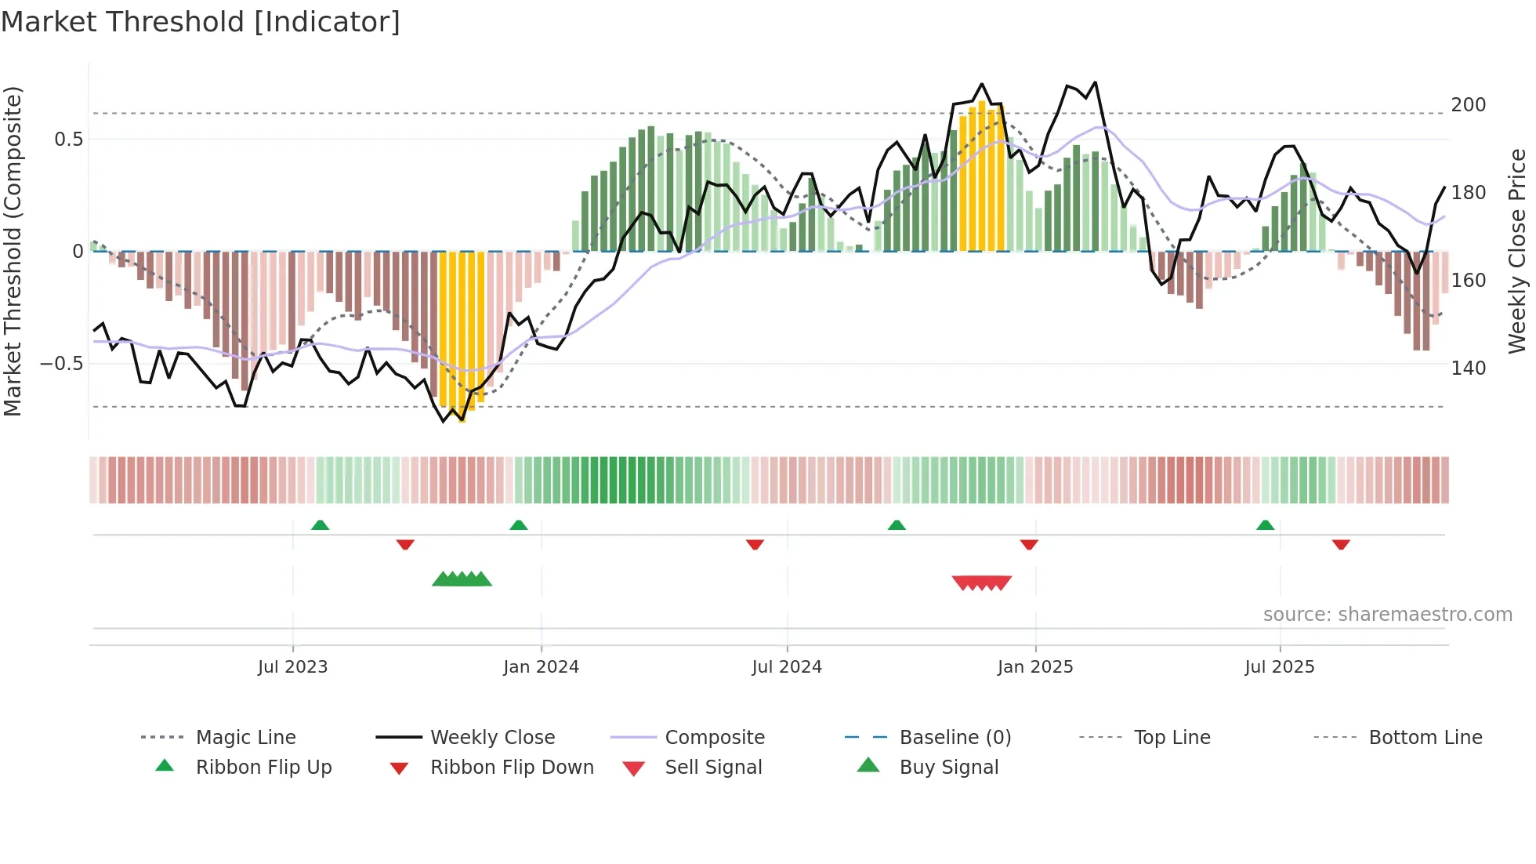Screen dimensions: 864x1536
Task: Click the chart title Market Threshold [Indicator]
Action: (201, 22)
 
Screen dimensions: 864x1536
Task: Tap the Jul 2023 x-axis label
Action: (292, 667)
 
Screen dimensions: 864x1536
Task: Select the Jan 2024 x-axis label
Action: (541, 667)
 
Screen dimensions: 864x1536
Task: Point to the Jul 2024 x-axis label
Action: (787, 667)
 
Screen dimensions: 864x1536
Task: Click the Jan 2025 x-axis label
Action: (1035, 667)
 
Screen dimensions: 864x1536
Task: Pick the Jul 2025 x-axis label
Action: (1280, 667)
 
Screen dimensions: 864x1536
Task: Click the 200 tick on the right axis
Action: (1469, 105)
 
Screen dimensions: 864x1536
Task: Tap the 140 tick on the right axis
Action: (1469, 368)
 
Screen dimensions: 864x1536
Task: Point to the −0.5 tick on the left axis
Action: (61, 364)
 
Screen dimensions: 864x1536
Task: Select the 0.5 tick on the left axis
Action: (68, 140)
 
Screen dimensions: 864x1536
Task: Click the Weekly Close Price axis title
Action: (1517, 251)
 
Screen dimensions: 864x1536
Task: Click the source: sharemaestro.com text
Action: (1387, 615)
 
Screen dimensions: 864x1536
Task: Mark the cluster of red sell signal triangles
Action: (981, 583)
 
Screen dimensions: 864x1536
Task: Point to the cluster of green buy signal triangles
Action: (462, 579)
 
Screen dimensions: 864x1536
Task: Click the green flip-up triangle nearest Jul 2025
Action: (1265, 525)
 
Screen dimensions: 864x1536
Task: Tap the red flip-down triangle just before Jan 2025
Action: (1029, 544)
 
